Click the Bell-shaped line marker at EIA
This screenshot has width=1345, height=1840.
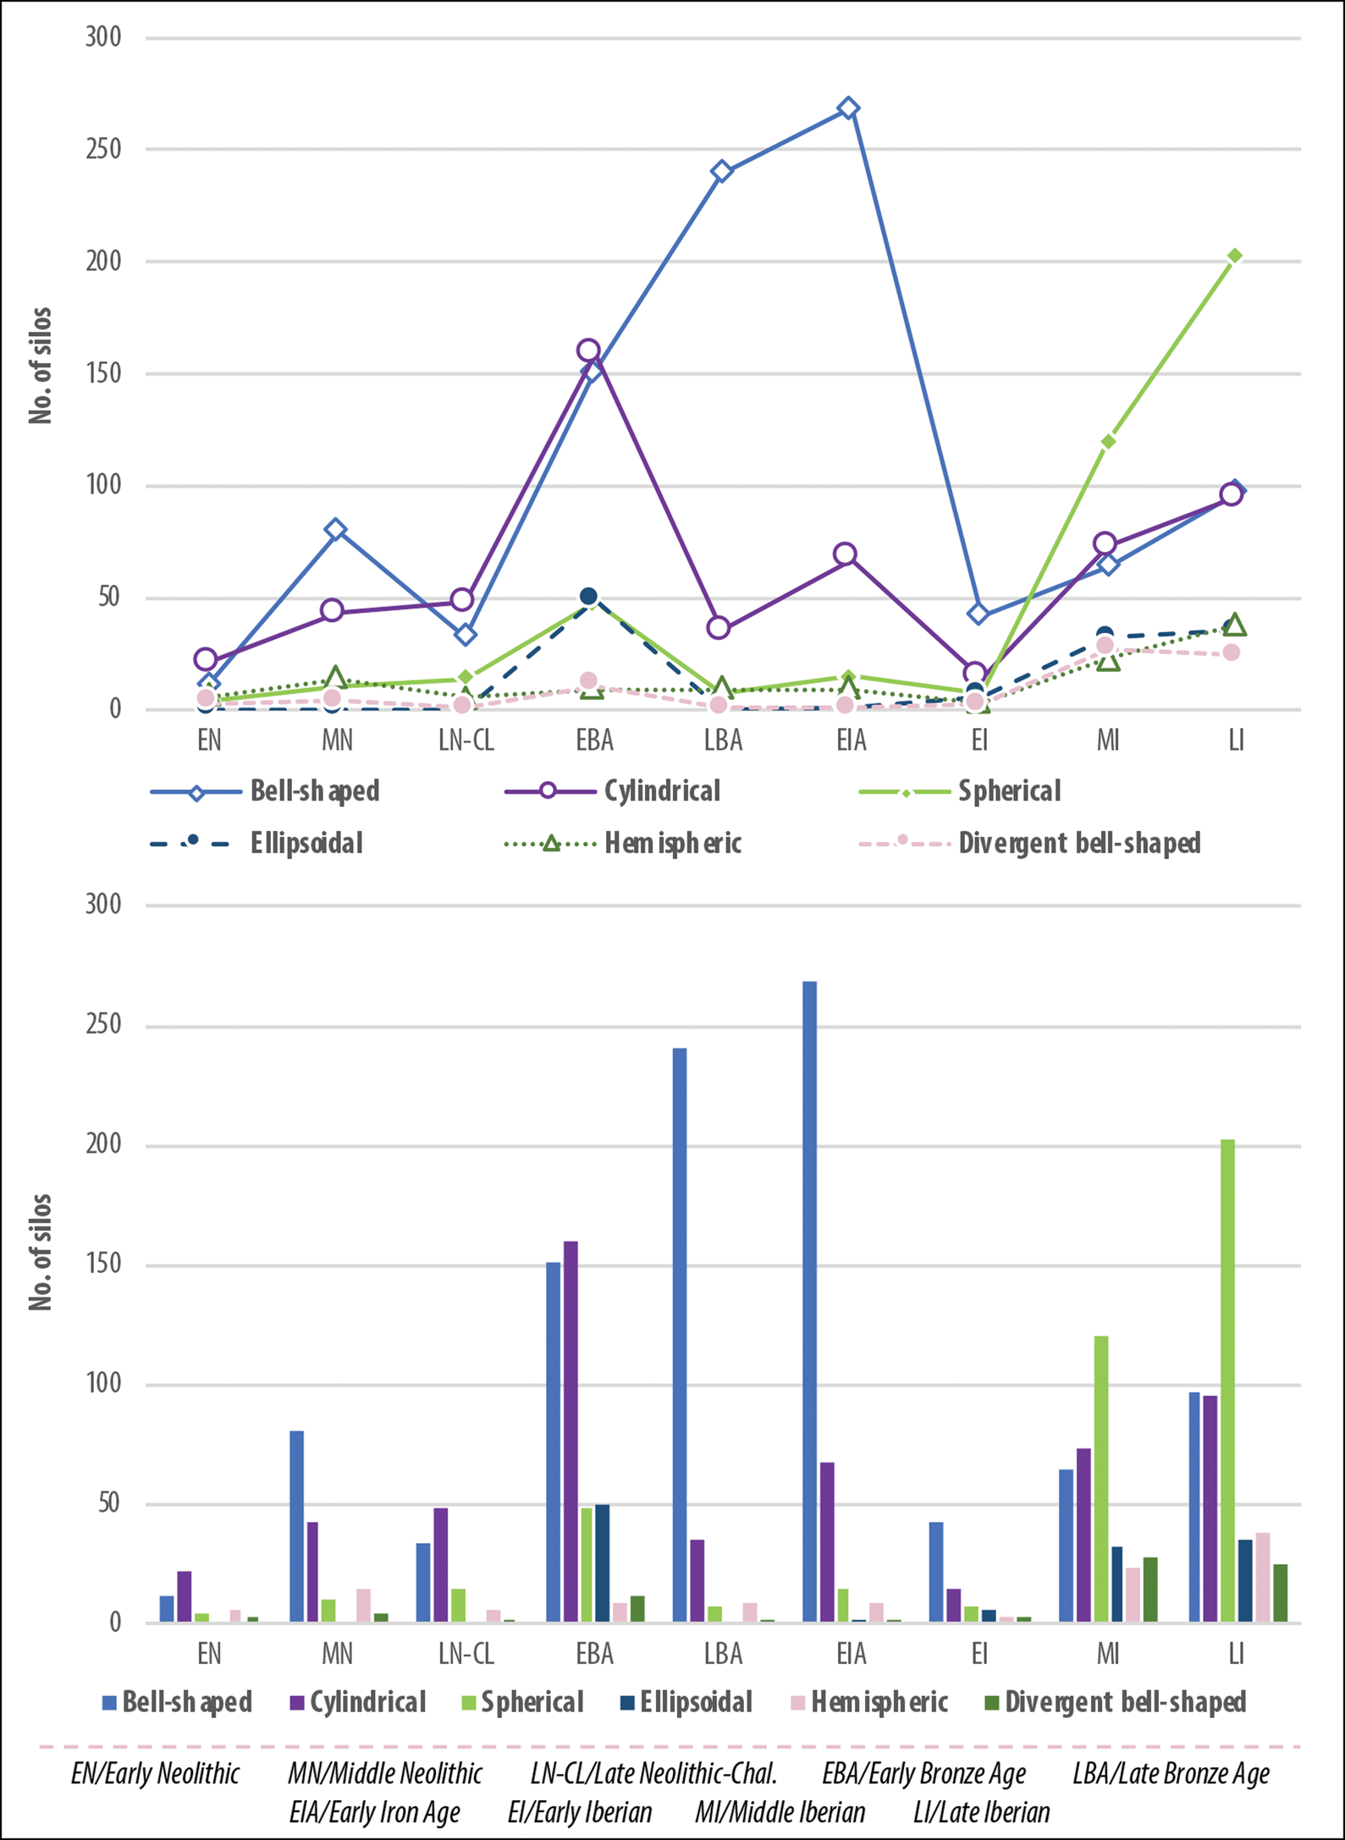pos(849,108)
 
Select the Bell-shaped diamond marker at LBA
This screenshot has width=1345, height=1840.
pos(721,172)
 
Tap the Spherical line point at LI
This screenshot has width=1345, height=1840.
pos(1235,256)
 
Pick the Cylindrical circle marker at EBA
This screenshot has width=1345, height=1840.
pos(588,350)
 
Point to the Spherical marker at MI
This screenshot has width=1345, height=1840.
pos(1108,442)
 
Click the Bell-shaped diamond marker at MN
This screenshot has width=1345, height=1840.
pos(336,530)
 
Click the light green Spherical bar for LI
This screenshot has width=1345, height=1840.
pos(1227,1380)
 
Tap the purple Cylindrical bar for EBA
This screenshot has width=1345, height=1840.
pos(571,1430)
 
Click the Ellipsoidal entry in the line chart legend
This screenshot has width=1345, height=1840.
pos(306,843)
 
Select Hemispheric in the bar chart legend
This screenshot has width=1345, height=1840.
pos(879,1702)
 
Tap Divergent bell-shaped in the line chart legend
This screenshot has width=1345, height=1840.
pos(1079,843)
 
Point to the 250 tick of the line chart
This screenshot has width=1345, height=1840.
pos(103,149)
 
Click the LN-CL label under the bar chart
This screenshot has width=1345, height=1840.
pos(466,1653)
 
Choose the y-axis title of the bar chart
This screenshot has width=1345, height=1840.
pos(41,1252)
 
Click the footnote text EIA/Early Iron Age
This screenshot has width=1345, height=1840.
pos(375,1812)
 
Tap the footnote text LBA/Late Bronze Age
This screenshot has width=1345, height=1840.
pos(1171,1774)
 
